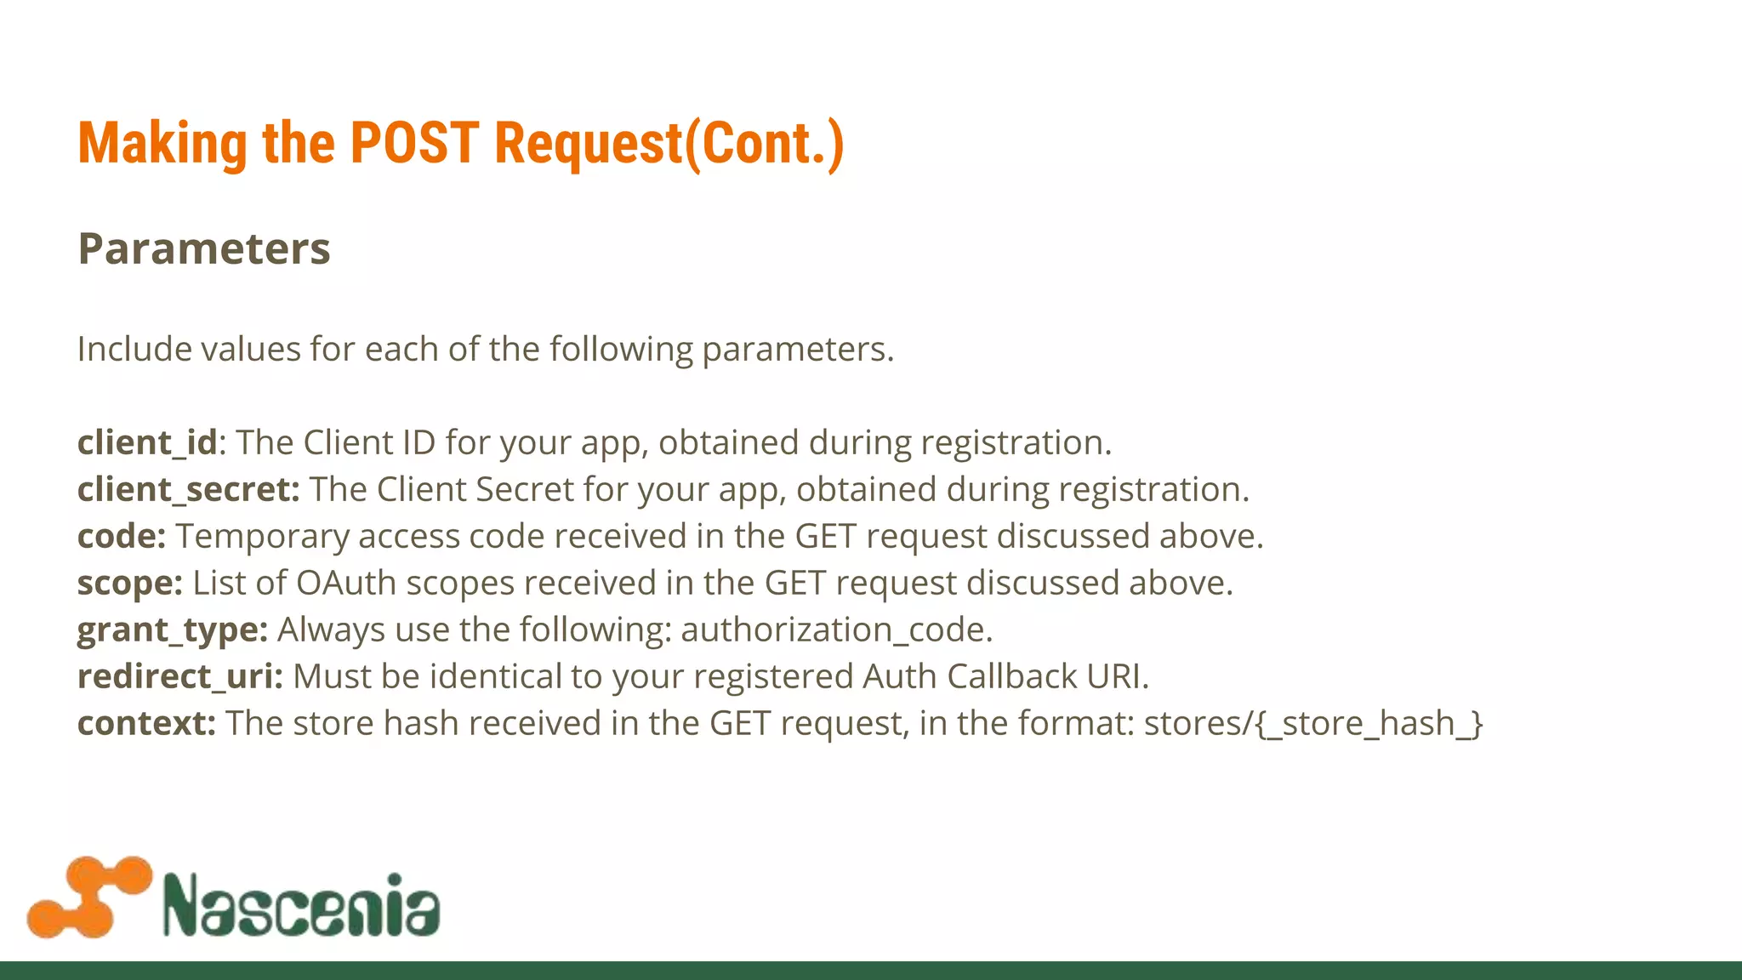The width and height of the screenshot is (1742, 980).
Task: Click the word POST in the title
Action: [414, 143]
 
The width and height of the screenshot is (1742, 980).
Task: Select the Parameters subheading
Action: [204, 249]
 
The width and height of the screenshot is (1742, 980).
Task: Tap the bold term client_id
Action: [147, 443]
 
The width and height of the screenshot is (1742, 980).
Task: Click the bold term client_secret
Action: [188, 490]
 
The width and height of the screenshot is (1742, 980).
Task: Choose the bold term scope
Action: [129, 584]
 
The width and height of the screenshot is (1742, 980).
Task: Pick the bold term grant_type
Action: [173, 630]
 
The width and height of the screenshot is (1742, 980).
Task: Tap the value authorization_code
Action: [835, 630]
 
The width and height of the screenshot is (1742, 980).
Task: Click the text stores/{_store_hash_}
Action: [1313, 724]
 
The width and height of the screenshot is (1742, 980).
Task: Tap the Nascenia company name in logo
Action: [302, 904]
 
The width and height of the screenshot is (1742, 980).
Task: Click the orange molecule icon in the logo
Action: [89, 897]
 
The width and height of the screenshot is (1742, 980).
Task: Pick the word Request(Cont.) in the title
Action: [669, 143]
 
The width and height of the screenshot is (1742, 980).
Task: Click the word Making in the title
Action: [162, 143]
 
